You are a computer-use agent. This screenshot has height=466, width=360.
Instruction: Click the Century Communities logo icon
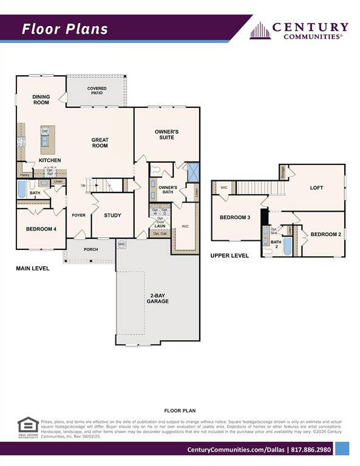point(260,30)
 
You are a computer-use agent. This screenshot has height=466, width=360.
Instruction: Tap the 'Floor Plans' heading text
point(65,29)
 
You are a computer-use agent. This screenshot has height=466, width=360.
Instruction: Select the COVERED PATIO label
point(97,91)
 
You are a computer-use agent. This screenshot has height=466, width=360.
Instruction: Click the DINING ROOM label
point(41,100)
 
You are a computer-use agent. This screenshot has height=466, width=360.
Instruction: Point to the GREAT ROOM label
point(100,143)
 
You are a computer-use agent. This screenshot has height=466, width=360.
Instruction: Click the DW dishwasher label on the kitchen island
point(45,130)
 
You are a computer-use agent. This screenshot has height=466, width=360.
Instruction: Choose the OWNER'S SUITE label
point(166,134)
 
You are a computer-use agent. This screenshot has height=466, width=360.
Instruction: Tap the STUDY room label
point(112,215)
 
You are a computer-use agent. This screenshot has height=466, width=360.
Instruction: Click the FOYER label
point(78,215)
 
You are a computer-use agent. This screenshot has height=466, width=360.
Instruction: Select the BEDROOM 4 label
point(41,229)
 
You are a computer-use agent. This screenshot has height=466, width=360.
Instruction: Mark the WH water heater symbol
point(121,244)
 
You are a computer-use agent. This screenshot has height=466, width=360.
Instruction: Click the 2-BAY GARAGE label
point(159,298)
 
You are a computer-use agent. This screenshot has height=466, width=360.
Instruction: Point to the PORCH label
point(90,249)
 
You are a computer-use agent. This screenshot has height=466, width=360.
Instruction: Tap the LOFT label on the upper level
point(316,188)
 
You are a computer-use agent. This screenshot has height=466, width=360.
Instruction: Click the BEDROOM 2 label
point(326,234)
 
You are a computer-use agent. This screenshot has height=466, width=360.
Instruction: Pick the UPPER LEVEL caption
point(229,256)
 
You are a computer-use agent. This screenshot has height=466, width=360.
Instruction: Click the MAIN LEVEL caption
point(33,268)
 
